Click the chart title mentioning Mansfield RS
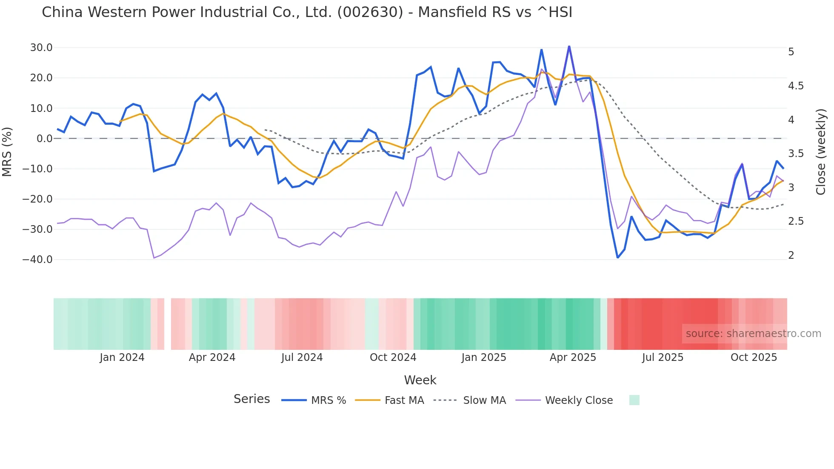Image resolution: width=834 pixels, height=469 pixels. [307, 12]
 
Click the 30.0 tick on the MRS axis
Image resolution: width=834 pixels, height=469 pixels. [41, 48]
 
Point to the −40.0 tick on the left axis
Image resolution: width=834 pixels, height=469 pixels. [37, 259]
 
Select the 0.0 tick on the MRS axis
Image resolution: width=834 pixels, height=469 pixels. [45, 138]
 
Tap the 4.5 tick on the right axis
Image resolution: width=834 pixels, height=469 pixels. [796, 86]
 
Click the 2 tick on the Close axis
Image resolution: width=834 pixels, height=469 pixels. [791, 255]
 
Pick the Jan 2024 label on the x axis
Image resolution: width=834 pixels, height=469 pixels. [122, 357]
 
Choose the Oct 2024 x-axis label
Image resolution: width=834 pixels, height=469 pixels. [393, 357]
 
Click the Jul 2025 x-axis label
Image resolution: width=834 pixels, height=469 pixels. [663, 357]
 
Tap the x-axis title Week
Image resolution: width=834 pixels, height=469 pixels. [420, 380]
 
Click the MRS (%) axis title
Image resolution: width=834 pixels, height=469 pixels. [7, 152]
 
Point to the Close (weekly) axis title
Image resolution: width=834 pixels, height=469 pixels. [821, 152]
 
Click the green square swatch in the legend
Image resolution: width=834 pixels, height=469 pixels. [634, 400]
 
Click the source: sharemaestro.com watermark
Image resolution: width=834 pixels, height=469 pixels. [753, 334]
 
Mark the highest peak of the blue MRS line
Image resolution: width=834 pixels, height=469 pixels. [569, 46]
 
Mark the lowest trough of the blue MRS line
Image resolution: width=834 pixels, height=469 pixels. [618, 257]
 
